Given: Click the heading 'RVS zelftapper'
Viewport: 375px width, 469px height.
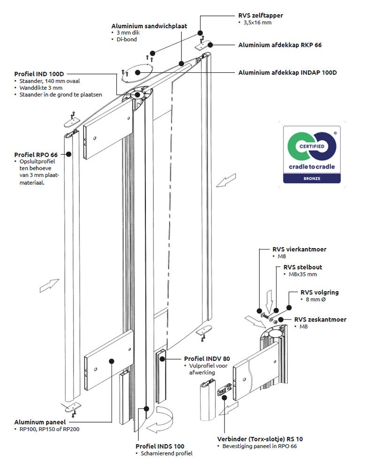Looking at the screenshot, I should tap(260, 15).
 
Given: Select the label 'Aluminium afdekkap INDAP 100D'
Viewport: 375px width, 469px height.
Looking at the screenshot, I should tap(287, 73).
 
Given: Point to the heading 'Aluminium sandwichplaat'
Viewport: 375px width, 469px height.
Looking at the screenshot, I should tap(149, 26).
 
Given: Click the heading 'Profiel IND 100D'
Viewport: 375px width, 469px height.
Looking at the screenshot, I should tap(39, 74).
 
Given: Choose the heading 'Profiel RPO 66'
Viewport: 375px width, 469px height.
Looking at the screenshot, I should tap(36, 155).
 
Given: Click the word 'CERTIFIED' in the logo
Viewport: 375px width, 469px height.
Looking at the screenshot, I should tap(311, 147).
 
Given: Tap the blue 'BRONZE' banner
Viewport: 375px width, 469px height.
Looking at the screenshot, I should tap(311, 179).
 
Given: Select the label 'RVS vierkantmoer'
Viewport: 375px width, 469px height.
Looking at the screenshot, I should tap(299, 250).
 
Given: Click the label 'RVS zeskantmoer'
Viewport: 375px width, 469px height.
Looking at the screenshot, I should tap(320, 319).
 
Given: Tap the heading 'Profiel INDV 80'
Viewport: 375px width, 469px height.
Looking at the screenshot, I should tap(207, 358).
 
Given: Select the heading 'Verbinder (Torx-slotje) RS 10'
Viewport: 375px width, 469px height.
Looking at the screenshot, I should tap(260, 439).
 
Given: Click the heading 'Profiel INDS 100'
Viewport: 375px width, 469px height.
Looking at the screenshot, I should tap(160, 446).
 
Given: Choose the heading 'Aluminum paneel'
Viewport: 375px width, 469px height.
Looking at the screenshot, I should tap(39, 422).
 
